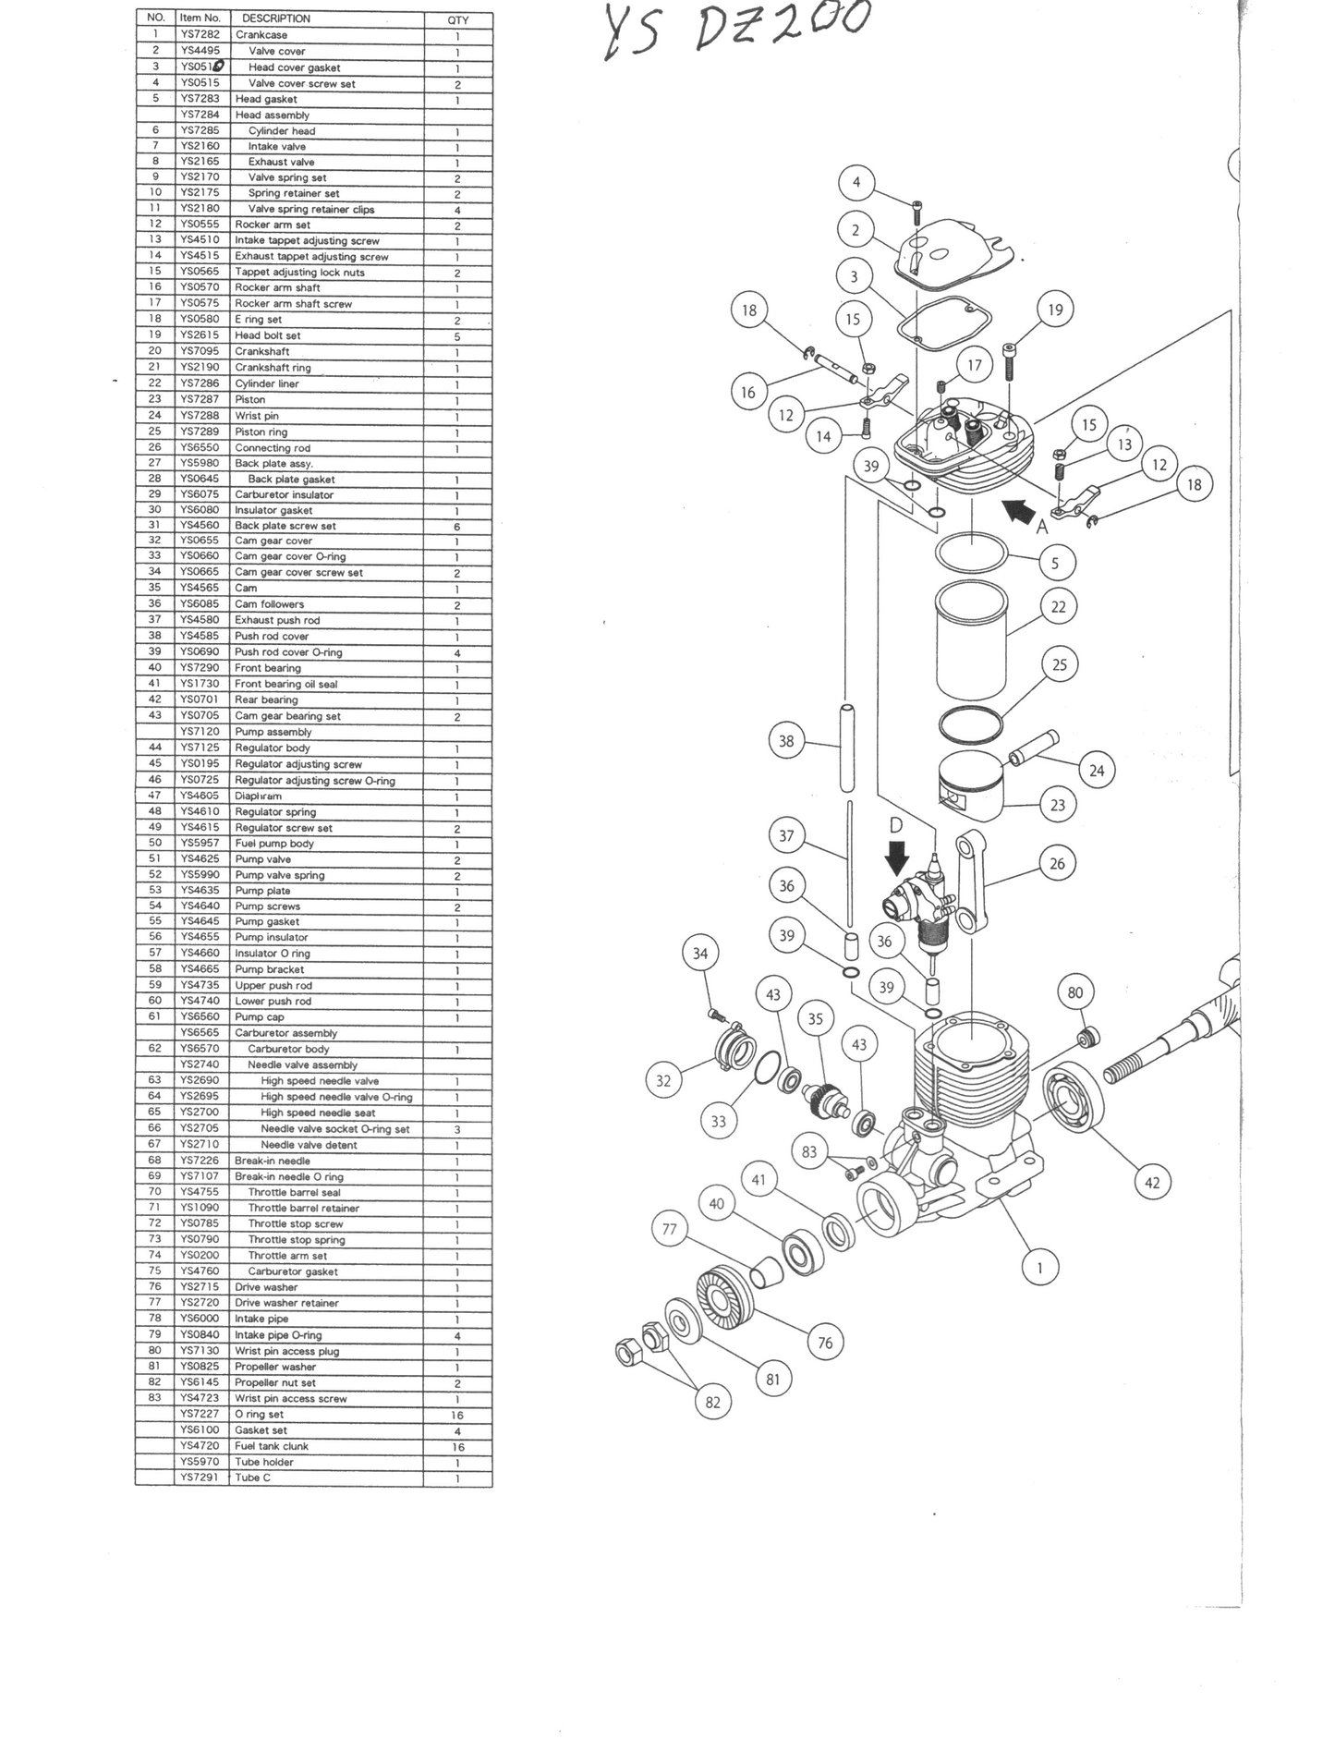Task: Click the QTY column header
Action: pos(457,19)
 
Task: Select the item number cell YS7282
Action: pos(200,35)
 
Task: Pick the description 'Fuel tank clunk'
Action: pos(272,1446)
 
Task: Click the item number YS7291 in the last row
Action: pos(200,1478)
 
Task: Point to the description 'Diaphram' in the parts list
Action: pos(258,796)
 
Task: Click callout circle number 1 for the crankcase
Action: pos(1040,1268)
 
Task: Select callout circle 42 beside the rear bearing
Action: pos(1152,1183)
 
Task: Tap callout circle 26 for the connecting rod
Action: pos(1057,864)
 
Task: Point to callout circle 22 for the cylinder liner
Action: pos(1059,607)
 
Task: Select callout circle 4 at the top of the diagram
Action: pos(856,182)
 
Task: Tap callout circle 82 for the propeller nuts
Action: pos(712,1402)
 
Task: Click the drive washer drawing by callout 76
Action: pos(724,1298)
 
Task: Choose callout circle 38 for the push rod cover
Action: pos(786,741)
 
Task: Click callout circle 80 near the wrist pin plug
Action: pos(1074,993)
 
